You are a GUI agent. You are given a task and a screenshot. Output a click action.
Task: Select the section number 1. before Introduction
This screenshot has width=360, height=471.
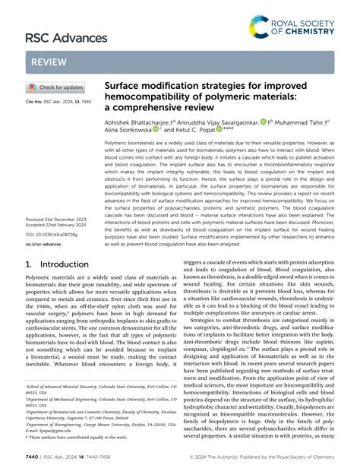(x=30, y=264)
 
